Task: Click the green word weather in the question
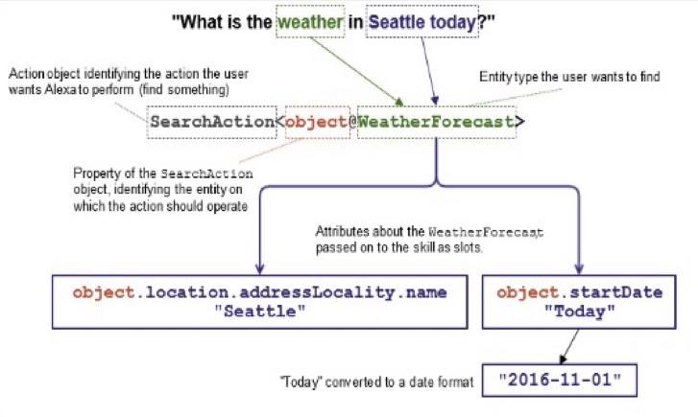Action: point(310,22)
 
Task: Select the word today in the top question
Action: point(453,23)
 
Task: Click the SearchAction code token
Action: point(212,122)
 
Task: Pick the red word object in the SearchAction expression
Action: point(316,122)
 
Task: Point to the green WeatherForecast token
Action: point(436,122)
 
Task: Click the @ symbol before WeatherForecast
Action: point(352,122)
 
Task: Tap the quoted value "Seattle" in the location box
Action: point(260,311)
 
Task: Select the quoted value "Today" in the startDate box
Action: point(580,312)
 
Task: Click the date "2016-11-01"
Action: point(560,381)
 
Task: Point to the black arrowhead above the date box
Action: point(564,359)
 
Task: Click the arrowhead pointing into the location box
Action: point(259,268)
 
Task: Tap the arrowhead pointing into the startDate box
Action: point(579,268)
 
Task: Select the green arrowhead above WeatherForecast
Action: point(398,102)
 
